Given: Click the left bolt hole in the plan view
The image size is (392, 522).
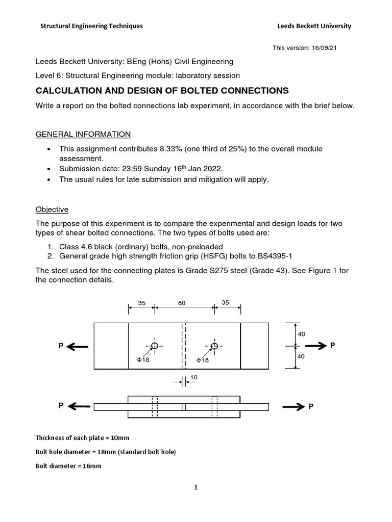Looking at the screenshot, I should coord(155,346).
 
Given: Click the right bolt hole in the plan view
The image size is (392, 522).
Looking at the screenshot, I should coord(214,346).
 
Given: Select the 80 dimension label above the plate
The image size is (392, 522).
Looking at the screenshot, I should coord(181,303).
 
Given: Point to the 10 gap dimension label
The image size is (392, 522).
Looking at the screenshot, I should coord(193,377).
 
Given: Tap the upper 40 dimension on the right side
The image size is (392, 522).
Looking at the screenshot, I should coord(301,334).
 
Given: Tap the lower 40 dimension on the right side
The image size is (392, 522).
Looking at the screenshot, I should coord(301,357).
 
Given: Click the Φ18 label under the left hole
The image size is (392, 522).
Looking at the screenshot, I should coord(143,360).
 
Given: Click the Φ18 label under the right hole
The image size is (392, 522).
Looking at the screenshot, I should coord(204,360).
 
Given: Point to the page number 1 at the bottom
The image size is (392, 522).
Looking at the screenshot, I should coord(195,487).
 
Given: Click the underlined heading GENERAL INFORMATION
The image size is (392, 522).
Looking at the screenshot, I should coord(83,134).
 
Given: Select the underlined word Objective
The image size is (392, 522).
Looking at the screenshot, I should coord(52,210).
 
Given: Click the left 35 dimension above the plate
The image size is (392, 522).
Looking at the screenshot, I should coord(142,303).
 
